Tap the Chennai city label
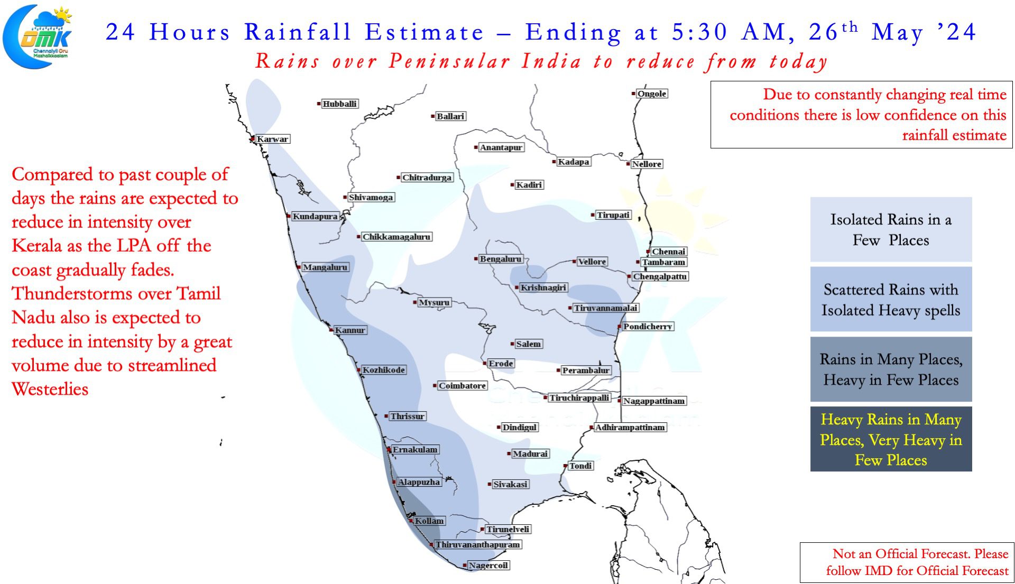(x=668, y=252)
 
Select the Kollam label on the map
(x=429, y=521)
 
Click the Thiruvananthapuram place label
(x=478, y=544)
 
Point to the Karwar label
(x=273, y=139)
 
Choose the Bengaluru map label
(x=500, y=259)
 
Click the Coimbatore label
(x=462, y=386)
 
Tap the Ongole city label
(x=652, y=94)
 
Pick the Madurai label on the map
(x=530, y=453)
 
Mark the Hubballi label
(x=339, y=104)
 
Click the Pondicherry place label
(x=648, y=327)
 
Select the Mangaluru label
(x=325, y=267)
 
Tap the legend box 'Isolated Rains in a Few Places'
(x=891, y=229)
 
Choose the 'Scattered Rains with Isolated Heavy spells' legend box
(x=891, y=299)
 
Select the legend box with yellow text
(x=891, y=439)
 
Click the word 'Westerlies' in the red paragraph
(x=50, y=389)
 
